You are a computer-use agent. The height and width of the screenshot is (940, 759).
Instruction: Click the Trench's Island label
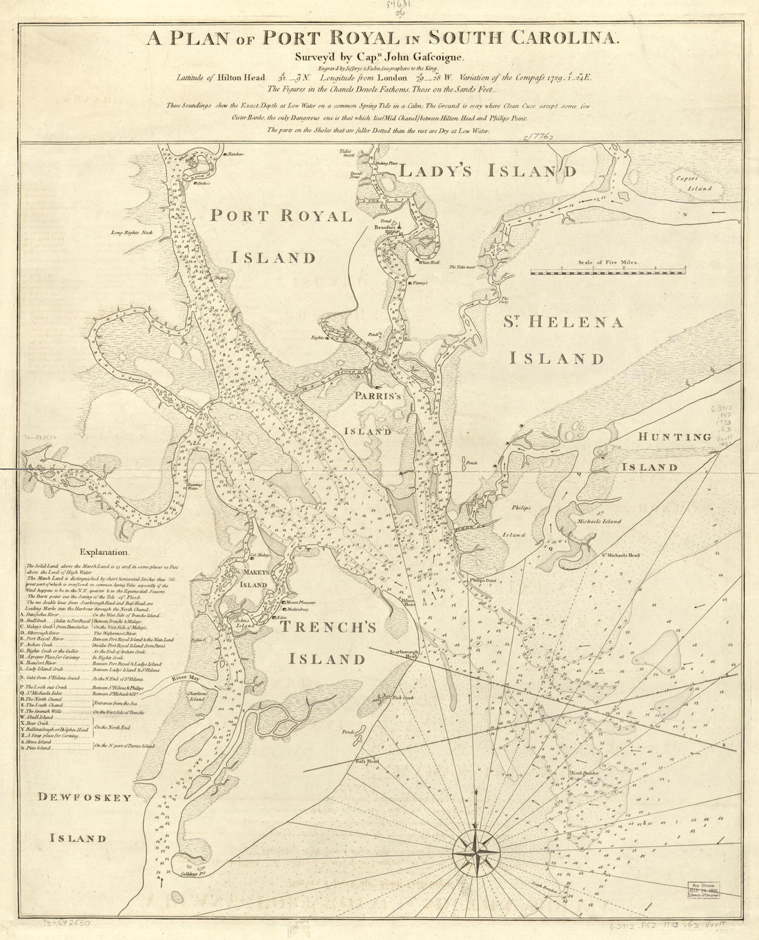(327, 643)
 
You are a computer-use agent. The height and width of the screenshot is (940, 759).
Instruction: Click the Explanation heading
(104, 552)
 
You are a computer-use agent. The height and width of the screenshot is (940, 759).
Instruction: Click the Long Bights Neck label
(135, 233)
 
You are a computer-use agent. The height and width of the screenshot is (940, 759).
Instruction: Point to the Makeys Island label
(253, 578)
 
